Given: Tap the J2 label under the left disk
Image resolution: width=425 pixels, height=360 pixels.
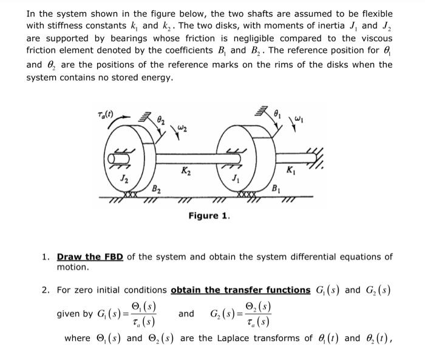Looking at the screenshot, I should tap(124, 178).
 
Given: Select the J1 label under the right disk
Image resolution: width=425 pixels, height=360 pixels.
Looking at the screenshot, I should tap(236, 178).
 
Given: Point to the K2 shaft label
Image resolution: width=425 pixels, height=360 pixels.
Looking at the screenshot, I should tap(184, 172).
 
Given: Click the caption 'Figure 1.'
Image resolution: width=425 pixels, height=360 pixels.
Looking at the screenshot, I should tap(209, 216).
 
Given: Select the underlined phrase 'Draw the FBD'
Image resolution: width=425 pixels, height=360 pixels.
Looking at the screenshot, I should tap(90, 257).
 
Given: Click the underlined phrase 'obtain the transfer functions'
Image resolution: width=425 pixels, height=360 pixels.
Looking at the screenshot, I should tap(240, 290).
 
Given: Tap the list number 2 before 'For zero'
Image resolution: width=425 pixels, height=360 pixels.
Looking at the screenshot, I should tap(46, 290).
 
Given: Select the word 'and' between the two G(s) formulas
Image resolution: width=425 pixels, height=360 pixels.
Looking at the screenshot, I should tap(186, 314).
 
